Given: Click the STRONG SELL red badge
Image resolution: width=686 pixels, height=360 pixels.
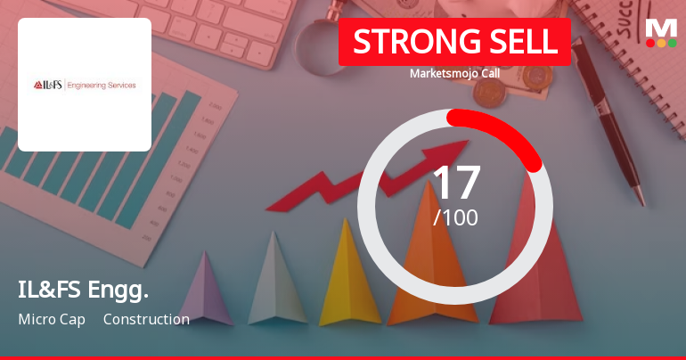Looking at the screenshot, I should (454, 42).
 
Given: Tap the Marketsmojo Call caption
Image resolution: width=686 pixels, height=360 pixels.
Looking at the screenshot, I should (454, 73).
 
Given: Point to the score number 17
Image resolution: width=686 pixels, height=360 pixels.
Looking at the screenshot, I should (455, 183).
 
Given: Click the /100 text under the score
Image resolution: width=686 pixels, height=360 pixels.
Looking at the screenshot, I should (455, 217).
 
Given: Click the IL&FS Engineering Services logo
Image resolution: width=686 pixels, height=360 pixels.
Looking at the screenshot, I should (85, 85).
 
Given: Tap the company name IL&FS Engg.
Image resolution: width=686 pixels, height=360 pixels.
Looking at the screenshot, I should (83, 289).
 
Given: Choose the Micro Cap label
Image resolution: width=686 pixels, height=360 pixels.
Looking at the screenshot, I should (52, 319).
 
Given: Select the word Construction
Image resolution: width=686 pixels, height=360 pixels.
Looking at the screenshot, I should (146, 319).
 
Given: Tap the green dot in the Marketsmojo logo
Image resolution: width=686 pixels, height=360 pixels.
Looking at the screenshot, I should (672, 42).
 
